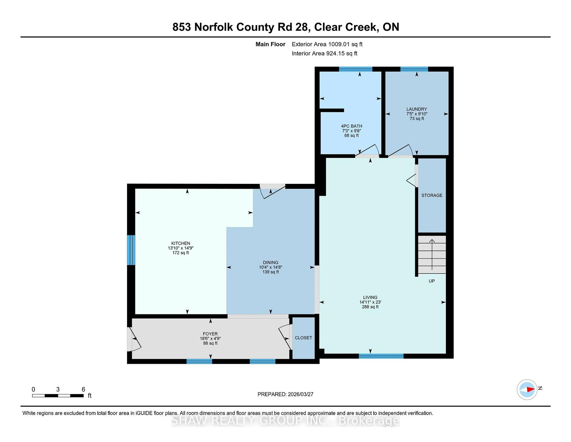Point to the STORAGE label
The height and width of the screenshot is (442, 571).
(x=432, y=195)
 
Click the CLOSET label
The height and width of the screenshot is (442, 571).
(x=303, y=338)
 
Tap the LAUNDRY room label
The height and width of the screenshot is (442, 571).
(x=417, y=109)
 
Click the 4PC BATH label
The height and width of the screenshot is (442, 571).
(x=351, y=126)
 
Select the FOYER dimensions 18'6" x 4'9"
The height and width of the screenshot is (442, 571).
(x=210, y=338)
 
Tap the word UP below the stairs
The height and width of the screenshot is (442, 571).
(x=432, y=281)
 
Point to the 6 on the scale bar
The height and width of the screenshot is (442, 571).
(x=83, y=389)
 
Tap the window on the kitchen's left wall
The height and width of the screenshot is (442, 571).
(x=131, y=250)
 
